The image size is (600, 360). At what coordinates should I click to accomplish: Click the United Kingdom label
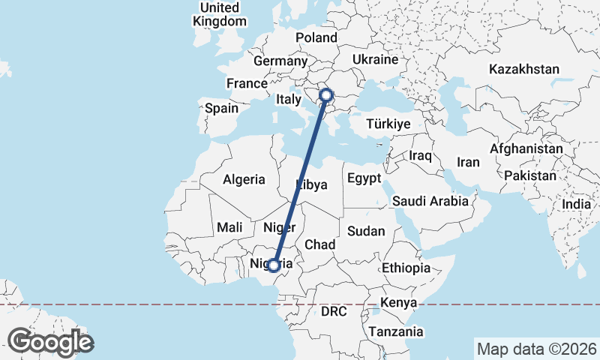pos(219,14)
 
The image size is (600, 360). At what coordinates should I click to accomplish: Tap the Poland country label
pos(316,37)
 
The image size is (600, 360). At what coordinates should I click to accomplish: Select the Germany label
pos(281,61)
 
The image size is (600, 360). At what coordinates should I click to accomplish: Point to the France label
pos(247,83)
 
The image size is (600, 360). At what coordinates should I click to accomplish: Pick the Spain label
pos(221,108)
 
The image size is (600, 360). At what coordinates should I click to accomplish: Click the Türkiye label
pos(388,124)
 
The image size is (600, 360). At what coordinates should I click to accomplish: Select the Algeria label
pos(244,179)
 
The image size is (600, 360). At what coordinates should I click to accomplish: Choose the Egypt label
pos(364,179)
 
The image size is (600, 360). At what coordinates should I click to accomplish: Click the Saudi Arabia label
pos(430,201)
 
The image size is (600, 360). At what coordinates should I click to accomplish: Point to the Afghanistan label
pos(526,149)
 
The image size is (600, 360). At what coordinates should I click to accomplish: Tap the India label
pos(577,204)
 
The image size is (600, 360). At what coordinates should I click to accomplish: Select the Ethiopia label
pos(406,268)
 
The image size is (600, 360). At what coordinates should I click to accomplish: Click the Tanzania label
pos(395,331)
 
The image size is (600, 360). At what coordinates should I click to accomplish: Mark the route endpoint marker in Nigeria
pos(274,265)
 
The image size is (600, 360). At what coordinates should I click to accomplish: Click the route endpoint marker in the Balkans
pos(326,94)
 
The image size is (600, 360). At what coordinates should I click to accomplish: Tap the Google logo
pos(51,342)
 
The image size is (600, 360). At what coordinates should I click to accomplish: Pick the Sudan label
pos(366,231)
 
